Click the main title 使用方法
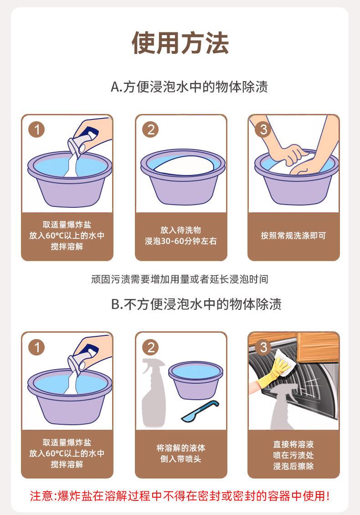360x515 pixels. coord(180,43)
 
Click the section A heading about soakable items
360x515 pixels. coord(189,87)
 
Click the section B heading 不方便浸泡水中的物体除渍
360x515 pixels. coord(196,304)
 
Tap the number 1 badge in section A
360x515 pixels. coord(36,129)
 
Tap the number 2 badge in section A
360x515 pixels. coord(150,129)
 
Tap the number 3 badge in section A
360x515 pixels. coord(263,129)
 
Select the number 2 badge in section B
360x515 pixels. coord(150,347)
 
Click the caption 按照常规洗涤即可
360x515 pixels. coord(293,236)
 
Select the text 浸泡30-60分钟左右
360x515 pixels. coord(181,241)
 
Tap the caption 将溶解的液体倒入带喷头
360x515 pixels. coord(181,453)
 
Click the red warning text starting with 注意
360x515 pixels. coord(180,495)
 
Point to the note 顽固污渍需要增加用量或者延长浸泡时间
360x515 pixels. coord(180,279)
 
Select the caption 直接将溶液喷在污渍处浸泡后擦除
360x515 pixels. coord(293,455)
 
